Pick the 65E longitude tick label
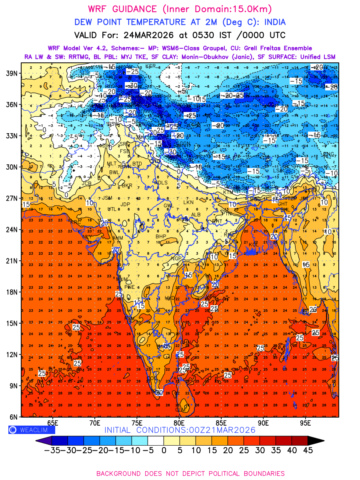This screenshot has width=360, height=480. [53, 423]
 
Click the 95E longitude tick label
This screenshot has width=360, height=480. [306, 423]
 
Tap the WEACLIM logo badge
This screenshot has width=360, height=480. [32, 430]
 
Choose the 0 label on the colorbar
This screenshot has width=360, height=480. [164, 450]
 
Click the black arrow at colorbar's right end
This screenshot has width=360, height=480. [316, 440]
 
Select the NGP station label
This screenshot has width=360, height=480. [176, 258]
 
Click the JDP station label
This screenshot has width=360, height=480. [126, 204]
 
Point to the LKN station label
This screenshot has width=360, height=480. [188, 202]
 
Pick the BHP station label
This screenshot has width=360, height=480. [161, 236]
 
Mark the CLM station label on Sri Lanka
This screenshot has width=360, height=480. [181, 410]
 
